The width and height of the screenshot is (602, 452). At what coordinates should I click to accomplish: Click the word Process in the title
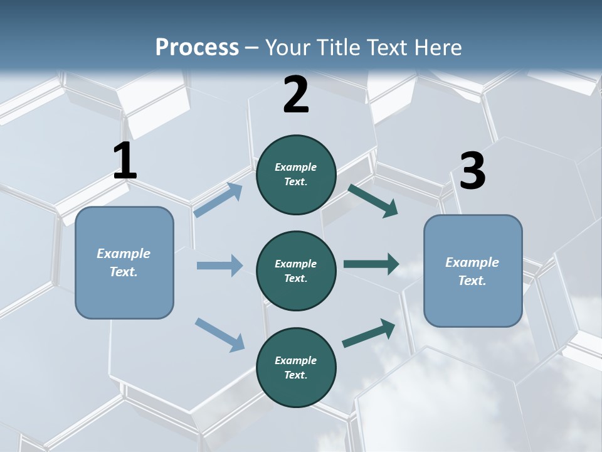coord(197,48)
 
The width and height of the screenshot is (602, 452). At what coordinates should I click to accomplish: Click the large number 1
coord(125,162)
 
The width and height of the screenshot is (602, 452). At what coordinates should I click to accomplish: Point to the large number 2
coord(296,95)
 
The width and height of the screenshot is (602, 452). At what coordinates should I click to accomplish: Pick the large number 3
coord(472,171)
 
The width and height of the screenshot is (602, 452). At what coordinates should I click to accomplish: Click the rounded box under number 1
coord(124,262)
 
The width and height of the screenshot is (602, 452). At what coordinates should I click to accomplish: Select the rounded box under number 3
coord(473,271)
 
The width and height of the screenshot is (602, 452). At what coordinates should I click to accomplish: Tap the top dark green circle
coord(296,175)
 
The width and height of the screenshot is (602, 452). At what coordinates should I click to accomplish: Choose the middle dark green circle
coord(296,271)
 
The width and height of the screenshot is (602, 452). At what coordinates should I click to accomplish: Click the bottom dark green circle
coord(296,367)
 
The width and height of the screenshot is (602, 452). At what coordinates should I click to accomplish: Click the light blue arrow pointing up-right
coord(218,200)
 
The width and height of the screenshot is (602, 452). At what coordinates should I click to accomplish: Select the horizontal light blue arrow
coord(219,266)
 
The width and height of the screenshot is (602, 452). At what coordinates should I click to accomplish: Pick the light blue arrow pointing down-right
coord(219,335)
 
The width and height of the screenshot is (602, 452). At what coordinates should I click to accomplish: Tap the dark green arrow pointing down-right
coord(373,201)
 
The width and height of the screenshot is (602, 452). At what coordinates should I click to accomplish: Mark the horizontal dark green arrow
coord(371,264)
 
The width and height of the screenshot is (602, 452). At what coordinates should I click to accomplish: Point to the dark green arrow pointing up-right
coord(369,333)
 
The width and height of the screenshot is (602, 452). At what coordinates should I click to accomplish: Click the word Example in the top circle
coord(296,167)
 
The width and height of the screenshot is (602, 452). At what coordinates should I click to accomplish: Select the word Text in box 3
coord(472,281)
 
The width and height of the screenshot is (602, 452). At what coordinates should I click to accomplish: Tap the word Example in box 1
coord(124,254)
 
